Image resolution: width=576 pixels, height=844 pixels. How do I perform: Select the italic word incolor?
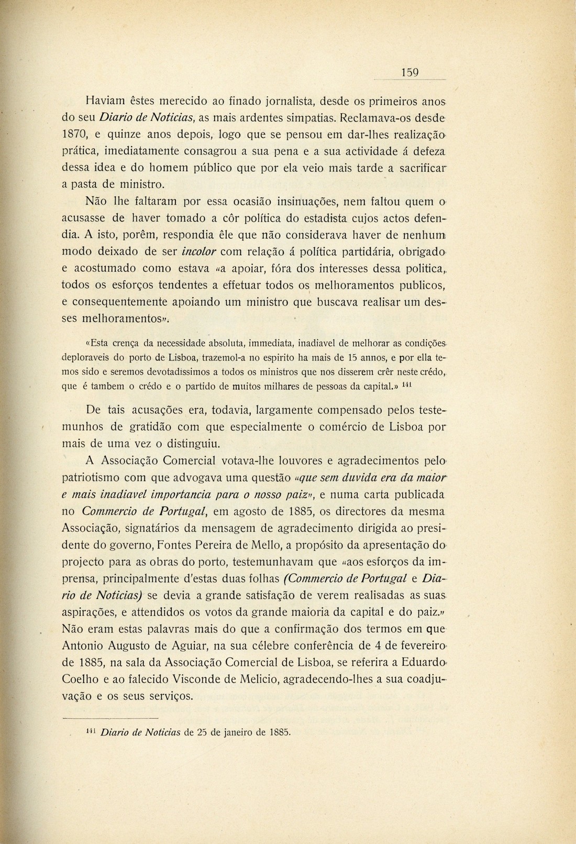[198, 251]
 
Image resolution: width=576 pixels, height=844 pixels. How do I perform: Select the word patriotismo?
[98, 477]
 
